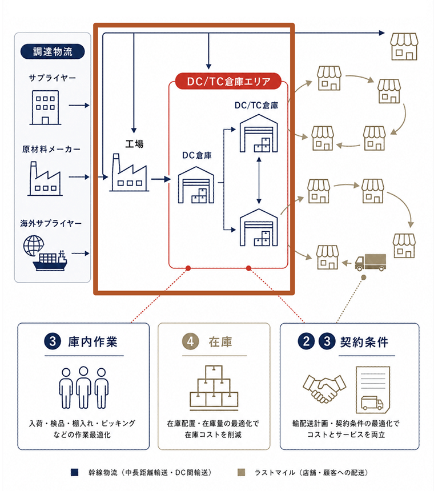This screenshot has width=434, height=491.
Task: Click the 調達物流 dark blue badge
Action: click(x=53, y=51)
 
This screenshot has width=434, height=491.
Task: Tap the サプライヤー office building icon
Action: click(x=46, y=107)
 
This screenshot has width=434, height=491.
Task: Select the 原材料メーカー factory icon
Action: click(x=45, y=179)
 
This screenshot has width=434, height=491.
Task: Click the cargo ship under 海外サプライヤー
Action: click(x=50, y=261)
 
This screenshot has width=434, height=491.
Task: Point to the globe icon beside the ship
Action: click(x=33, y=245)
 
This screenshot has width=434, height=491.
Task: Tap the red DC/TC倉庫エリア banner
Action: click(x=228, y=82)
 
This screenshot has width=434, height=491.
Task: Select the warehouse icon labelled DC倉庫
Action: click(x=196, y=185)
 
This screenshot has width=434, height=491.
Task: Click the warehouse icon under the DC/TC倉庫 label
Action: click(x=259, y=134)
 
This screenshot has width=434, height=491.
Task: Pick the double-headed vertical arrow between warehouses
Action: click(x=259, y=180)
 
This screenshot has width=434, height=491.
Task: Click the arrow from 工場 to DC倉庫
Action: click(x=161, y=179)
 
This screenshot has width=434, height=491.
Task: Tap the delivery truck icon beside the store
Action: click(x=371, y=262)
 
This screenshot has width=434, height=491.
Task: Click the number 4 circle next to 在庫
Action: click(x=190, y=341)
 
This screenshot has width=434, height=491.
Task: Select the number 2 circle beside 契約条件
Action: click(x=306, y=341)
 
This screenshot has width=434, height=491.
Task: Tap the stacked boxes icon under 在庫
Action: click(x=214, y=388)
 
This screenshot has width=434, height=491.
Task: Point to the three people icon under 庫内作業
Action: click(x=83, y=388)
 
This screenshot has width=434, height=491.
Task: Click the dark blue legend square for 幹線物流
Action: click(x=75, y=472)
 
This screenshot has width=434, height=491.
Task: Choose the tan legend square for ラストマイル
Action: click(x=241, y=472)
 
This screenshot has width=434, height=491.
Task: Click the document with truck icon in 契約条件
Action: click(x=373, y=390)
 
